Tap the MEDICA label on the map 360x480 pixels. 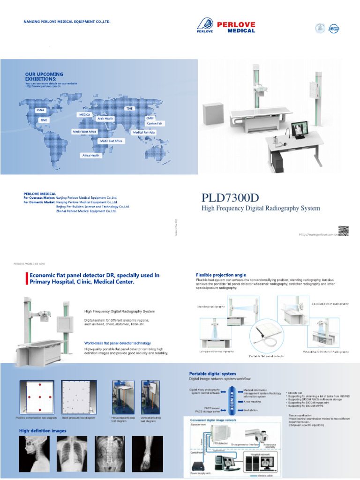point(84,114)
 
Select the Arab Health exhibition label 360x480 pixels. point(105,119)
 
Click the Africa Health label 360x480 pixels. point(91,155)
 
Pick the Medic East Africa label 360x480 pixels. point(111,141)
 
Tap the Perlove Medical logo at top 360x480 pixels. point(225,26)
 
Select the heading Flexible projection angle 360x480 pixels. point(221,275)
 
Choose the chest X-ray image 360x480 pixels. point(72,452)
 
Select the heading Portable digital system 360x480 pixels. point(211,373)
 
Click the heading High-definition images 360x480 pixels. point(42,430)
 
